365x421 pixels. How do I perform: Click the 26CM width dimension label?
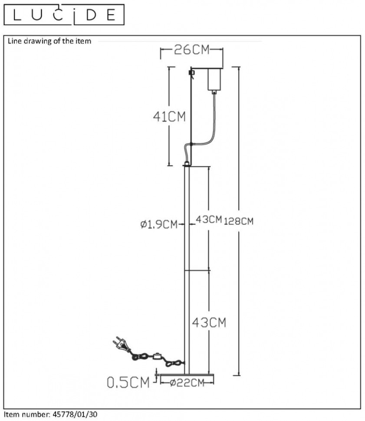click(x=191, y=49)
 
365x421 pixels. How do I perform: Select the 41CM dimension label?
click(x=169, y=116)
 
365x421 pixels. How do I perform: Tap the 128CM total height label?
click(x=239, y=221)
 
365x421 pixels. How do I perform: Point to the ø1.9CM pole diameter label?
click(x=159, y=224)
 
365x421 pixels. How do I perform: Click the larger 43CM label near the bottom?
click(x=209, y=322)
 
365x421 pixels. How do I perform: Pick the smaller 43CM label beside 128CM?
click(x=209, y=219)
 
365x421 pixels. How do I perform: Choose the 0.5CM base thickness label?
click(x=128, y=382)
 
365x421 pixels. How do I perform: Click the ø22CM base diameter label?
click(x=187, y=383)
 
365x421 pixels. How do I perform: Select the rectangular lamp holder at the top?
click(x=214, y=79)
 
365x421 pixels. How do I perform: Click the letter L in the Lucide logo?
click(x=16, y=15)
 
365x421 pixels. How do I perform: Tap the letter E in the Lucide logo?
click(x=111, y=15)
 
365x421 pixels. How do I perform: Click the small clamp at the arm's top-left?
click(x=191, y=73)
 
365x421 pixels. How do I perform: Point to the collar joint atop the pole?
click(x=187, y=164)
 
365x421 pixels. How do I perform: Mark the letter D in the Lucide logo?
click(x=91, y=15)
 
